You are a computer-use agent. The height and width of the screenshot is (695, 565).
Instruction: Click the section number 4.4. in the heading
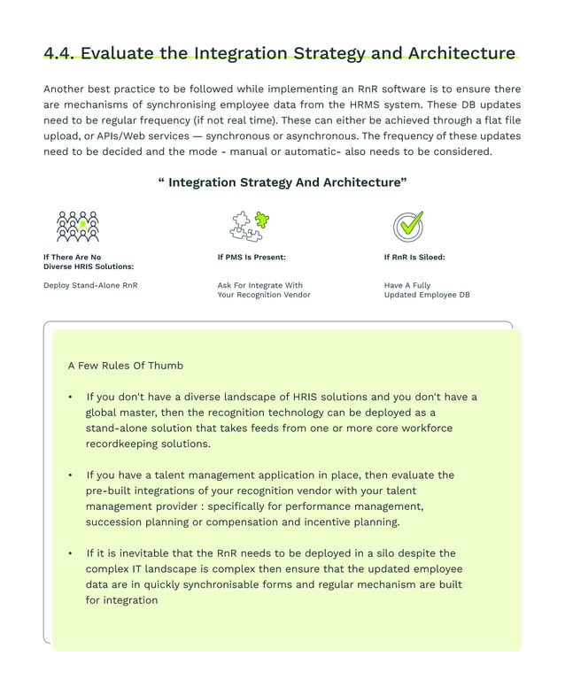click(x=59, y=53)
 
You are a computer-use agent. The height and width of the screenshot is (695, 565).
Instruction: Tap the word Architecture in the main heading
click(x=461, y=53)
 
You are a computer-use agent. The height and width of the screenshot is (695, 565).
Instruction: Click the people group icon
click(x=78, y=227)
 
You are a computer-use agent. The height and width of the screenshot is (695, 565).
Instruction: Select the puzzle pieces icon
click(x=250, y=226)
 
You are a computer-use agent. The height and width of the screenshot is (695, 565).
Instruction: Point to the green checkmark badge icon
click(x=407, y=226)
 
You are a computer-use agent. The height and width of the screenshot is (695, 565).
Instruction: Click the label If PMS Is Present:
click(x=252, y=258)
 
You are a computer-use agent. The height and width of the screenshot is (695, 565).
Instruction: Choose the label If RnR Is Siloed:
click(x=414, y=258)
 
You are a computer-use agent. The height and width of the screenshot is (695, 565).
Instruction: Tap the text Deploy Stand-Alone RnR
click(x=90, y=285)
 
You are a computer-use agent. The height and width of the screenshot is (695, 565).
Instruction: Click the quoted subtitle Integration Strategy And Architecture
click(x=282, y=182)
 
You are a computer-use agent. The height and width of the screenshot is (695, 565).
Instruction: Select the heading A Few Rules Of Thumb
click(x=125, y=365)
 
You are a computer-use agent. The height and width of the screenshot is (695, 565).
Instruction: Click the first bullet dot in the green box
click(x=71, y=398)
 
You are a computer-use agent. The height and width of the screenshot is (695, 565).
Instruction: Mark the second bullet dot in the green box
click(x=71, y=475)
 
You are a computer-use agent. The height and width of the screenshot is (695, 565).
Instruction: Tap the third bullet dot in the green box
click(x=71, y=553)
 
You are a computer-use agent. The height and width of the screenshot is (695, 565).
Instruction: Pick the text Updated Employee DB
click(x=427, y=295)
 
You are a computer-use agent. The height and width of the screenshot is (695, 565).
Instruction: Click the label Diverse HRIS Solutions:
click(x=89, y=266)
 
